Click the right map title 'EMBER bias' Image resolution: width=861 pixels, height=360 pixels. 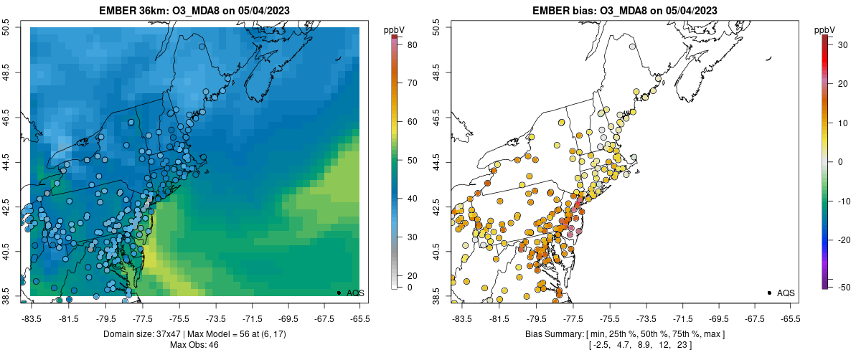pyautogui.click(x=567, y=11)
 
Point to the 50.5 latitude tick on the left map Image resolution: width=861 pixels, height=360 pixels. pyautogui.click(x=6, y=28)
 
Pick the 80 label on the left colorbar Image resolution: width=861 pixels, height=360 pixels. pyautogui.click(x=413, y=44)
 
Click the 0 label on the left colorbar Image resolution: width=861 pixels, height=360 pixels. pyautogui.click(x=410, y=288)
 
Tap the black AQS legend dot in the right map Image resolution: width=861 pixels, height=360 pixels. pyautogui.click(x=768, y=293)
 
